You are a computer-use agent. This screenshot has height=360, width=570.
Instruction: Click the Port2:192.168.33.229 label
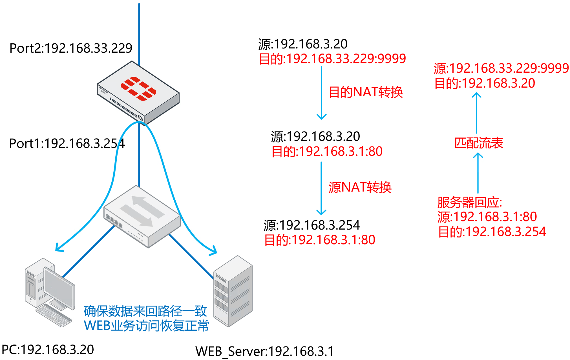(71, 48)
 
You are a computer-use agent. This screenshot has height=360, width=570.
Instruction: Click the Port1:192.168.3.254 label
(67, 143)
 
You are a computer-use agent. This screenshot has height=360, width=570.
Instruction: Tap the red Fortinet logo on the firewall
(138, 88)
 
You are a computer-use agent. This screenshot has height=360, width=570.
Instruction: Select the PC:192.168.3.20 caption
(48, 350)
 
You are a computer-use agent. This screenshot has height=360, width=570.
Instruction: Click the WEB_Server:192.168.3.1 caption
(264, 351)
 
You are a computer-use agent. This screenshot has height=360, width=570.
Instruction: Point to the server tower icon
(233, 292)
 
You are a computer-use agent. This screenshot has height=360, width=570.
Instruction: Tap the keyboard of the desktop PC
(54, 315)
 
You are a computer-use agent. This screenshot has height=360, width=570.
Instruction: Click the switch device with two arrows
(142, 216)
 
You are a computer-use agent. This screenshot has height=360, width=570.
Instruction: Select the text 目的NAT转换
(366, 92)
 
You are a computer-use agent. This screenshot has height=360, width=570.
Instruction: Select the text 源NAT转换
(360, 187)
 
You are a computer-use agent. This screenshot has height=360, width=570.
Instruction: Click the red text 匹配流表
(479, 143)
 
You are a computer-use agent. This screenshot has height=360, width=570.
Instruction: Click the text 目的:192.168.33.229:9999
(332, 59)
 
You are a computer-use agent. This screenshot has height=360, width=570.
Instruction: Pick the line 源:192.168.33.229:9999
(501, 68)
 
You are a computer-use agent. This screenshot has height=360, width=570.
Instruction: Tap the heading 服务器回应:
(469, 202)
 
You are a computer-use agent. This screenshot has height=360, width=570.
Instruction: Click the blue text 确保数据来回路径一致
(145, 311)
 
